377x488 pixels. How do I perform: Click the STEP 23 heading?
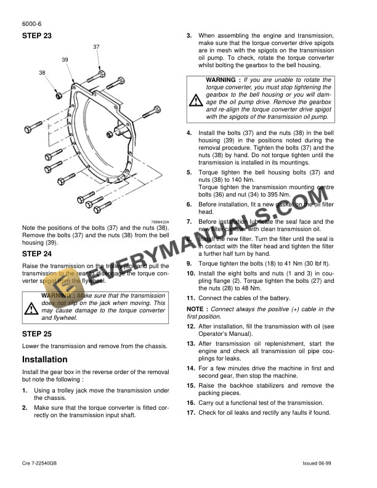37,36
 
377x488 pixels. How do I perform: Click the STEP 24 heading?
37,253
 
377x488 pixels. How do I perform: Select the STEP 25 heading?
37,333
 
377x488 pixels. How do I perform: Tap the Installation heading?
45,359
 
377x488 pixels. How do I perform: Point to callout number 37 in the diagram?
97,47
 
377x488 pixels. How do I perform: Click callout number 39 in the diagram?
65,59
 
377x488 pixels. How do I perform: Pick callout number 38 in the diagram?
42,73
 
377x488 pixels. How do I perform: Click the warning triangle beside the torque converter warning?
195,100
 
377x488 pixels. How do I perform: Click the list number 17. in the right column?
191,413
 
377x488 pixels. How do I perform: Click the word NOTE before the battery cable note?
195,309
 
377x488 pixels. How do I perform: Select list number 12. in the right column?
191,325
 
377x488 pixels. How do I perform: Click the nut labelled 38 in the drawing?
58,96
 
